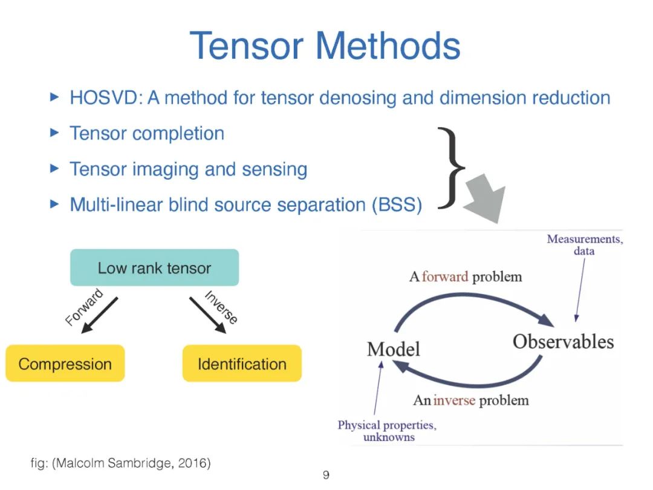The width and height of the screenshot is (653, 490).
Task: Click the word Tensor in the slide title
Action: [x=247, y=45]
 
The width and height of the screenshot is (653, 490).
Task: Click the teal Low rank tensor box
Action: [x=154, y=267]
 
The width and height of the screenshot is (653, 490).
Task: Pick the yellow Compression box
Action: [x=65, y=364]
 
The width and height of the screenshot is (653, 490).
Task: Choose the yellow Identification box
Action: [x=242, y=364]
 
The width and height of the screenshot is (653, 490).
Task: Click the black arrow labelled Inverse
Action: [x=207, y=315]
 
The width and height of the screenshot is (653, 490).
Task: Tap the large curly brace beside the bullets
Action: [x=452, y=168]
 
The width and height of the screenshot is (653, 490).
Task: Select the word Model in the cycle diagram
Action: [x=393, y=348]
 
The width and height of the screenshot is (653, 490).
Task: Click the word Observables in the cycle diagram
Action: [x=563, y=342]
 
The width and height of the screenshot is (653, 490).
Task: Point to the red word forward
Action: [x=445, y=277]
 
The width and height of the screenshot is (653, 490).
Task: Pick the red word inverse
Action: [x=453, y=400]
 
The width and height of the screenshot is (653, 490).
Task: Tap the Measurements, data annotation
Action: [x=584, y=244]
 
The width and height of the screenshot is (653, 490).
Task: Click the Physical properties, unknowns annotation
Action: [x=387, y=431]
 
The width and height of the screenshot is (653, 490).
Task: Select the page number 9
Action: [x=326, y=475]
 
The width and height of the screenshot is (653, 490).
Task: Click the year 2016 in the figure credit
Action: [x=192, y=464]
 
